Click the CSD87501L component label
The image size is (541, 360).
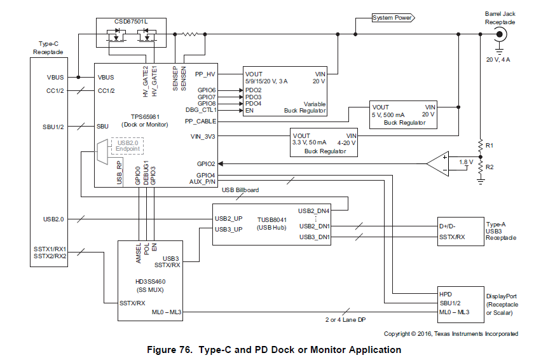tap(131, 21)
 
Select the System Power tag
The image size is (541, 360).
tap(392, 18)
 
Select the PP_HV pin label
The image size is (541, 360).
tap(205, 74)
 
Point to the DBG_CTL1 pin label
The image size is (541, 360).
tap(202, 109)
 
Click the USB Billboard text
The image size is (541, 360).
tap(240, 190)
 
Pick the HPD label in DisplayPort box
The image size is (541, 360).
tap(446, 294)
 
